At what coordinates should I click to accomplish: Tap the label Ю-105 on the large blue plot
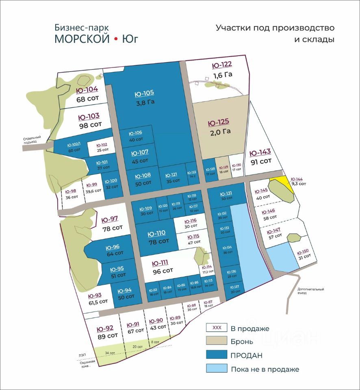point(144,94)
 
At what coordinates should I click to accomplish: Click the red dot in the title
point(115,39)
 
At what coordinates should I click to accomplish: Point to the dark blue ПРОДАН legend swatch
point(216,355)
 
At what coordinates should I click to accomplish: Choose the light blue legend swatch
point(216,369)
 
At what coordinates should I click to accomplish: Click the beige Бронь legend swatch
point(216,341)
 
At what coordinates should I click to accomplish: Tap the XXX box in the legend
point(217,327)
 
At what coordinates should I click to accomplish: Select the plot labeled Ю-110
point(156,234)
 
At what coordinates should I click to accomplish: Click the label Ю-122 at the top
point(222,65)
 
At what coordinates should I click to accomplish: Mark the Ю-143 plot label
point(260,153)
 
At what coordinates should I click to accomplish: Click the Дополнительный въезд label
point(310,291)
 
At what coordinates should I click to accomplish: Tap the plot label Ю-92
point(105,329)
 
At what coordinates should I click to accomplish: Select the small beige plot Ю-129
point(223,167)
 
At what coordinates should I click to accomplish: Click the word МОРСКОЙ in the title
point(82,39)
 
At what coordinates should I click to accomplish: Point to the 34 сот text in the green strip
point(110,353)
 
